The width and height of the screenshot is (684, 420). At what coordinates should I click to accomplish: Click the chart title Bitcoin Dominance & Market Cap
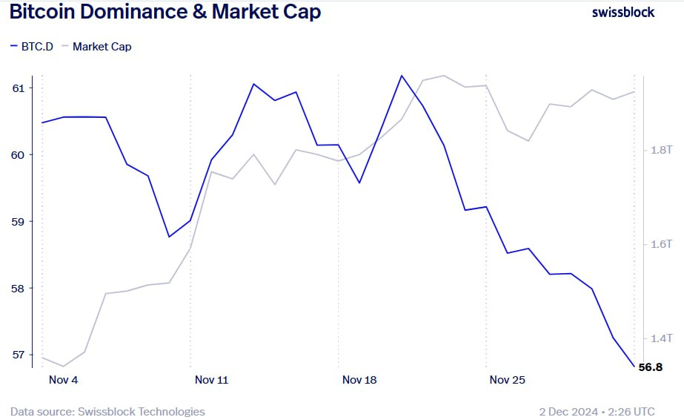[x=165, y=13]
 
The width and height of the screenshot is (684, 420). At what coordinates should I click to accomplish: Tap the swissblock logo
[x=623, y=13]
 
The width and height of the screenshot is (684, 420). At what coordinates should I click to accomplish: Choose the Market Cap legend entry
[x=96, y=46]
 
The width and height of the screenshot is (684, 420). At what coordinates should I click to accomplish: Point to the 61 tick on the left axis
[x=18, y=88]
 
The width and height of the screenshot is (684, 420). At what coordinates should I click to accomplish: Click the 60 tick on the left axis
[x=18, y=154]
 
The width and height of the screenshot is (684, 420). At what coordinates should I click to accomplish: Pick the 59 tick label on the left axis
[x=18, y=221]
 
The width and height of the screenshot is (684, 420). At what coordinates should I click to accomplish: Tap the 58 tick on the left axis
[x=18, y=288]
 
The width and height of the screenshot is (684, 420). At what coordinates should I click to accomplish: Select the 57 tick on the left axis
[x=18, y=355]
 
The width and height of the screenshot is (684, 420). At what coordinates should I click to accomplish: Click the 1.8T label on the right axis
[x=660, y=150]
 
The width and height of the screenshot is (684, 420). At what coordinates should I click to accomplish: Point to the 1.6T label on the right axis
[x=660, y=244]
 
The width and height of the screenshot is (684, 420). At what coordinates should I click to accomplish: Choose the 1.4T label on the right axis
[x=660, y=338]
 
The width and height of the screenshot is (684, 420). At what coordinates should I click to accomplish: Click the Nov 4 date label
[x=63, y=380]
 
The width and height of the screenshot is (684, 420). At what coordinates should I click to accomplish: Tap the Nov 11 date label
[x=211, y=380]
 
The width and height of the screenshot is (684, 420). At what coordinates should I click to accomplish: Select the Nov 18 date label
[x=359, y=380]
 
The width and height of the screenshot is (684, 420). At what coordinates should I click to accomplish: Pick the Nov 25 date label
[x=508, y=380]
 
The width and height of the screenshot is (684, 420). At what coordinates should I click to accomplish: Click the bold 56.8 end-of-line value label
[x=651, y=367]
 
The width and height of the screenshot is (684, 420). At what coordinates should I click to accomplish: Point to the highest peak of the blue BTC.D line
[x=402, y=76]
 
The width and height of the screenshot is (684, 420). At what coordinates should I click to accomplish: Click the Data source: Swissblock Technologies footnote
[x=107, y=411]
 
